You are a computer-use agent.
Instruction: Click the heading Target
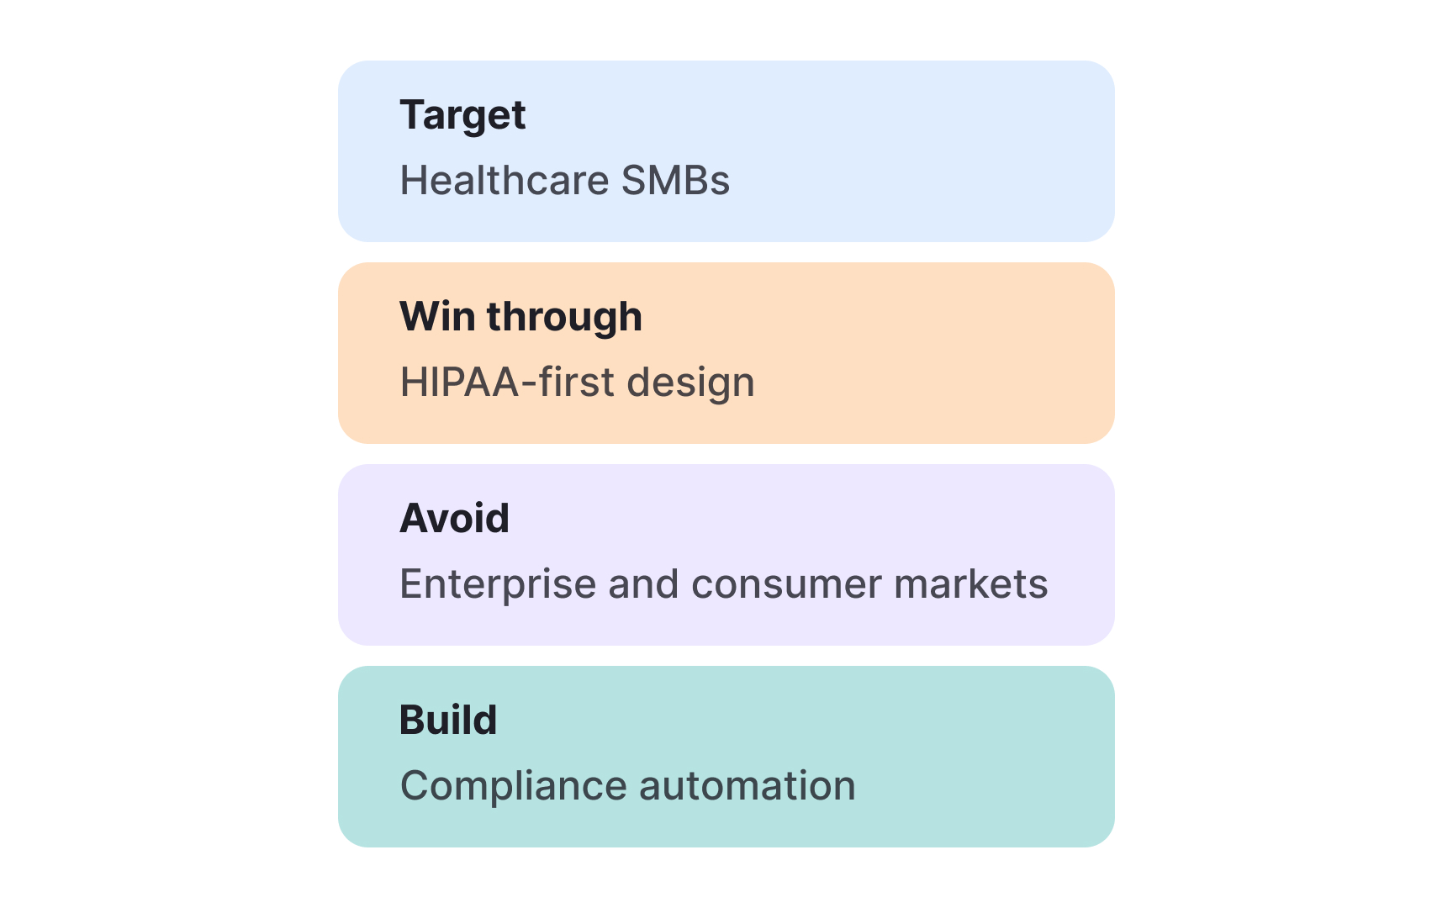[462, 115]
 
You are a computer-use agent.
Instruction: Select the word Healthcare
[504, 181]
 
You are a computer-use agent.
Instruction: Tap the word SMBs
[675, 181]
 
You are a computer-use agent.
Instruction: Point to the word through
[564, 318]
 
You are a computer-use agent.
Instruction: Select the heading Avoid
[454, 519]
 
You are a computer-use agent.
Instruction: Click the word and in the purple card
[643, 584]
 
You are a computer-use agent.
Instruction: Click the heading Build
[448, 721]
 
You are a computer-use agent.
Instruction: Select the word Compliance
[513, 786]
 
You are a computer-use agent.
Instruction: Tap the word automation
[748, 786]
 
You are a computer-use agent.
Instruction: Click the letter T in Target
[411, 114]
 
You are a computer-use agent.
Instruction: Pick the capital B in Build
[411, 721]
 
